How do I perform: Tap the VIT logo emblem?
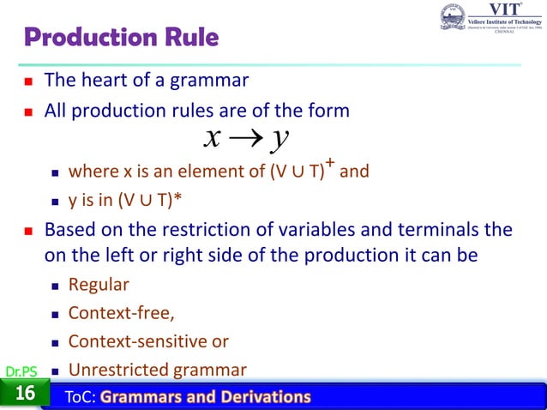point(452,18)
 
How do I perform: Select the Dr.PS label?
point(19,371)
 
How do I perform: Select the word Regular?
point(98,285)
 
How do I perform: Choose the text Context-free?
point(115,312)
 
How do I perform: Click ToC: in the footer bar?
point(82,396)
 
